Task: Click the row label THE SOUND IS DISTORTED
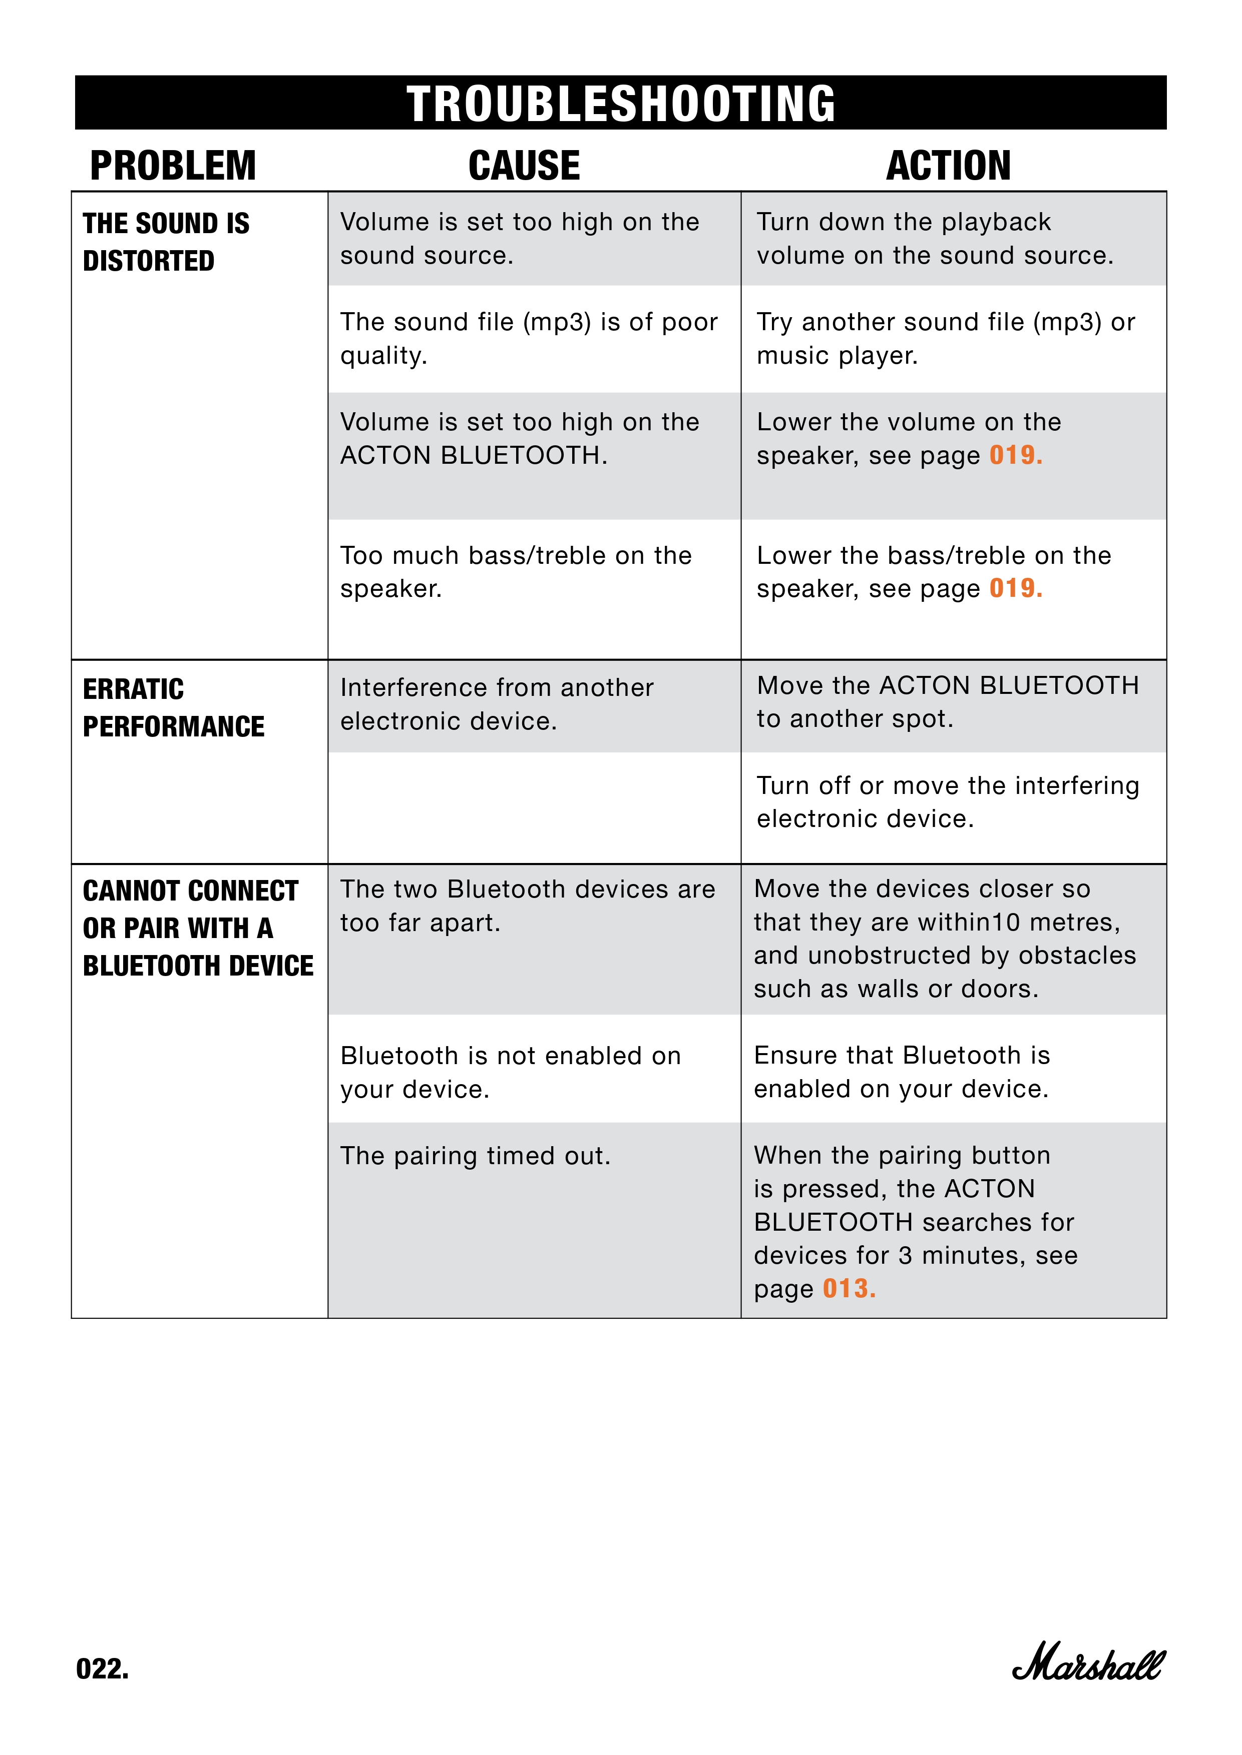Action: click(166, 242)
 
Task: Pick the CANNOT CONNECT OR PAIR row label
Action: click(197, 928)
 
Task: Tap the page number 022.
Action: click(103, 1668)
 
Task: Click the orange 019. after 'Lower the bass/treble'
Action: click(1016, 588)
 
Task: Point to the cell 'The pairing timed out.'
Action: click(475, 1156)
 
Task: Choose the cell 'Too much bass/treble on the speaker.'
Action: click(516, 572)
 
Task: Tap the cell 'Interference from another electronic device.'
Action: click(497, 704)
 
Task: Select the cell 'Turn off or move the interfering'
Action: click(948, 802)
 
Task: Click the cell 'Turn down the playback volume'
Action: click(935, 239)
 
